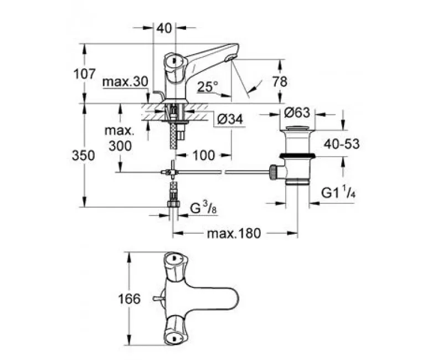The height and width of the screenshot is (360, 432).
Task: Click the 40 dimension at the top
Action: (x=164, y=28)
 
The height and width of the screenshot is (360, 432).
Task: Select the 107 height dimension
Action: (x=85, y=74)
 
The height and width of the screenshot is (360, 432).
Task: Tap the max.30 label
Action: (x=125, y=82)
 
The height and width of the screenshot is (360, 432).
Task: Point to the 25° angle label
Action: (x=208, y=87)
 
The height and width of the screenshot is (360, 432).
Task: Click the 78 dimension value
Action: (x=280, y=82)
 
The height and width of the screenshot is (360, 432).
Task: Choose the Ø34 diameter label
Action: (x=230, y=119)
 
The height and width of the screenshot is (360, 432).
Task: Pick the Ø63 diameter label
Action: (x=297, y=112)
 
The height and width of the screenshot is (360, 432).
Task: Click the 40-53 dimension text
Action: (x=342, y=144)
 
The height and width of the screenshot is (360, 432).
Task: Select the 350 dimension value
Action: (x=83, y=155)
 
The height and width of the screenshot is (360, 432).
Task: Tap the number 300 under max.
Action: (x=120, y=146)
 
